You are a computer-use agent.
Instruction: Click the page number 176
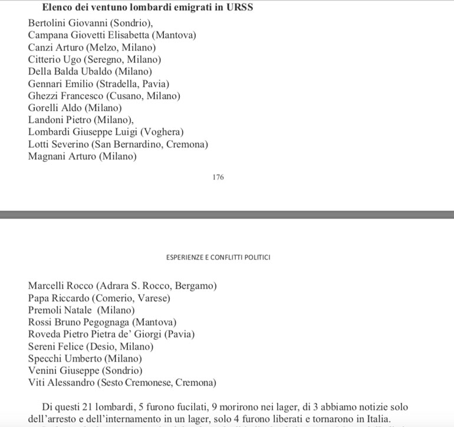[218, 177]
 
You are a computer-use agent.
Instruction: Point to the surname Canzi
[40, 48]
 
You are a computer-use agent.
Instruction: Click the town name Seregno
[108, 59]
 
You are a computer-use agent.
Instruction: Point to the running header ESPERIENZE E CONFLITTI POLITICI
[219, 258]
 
